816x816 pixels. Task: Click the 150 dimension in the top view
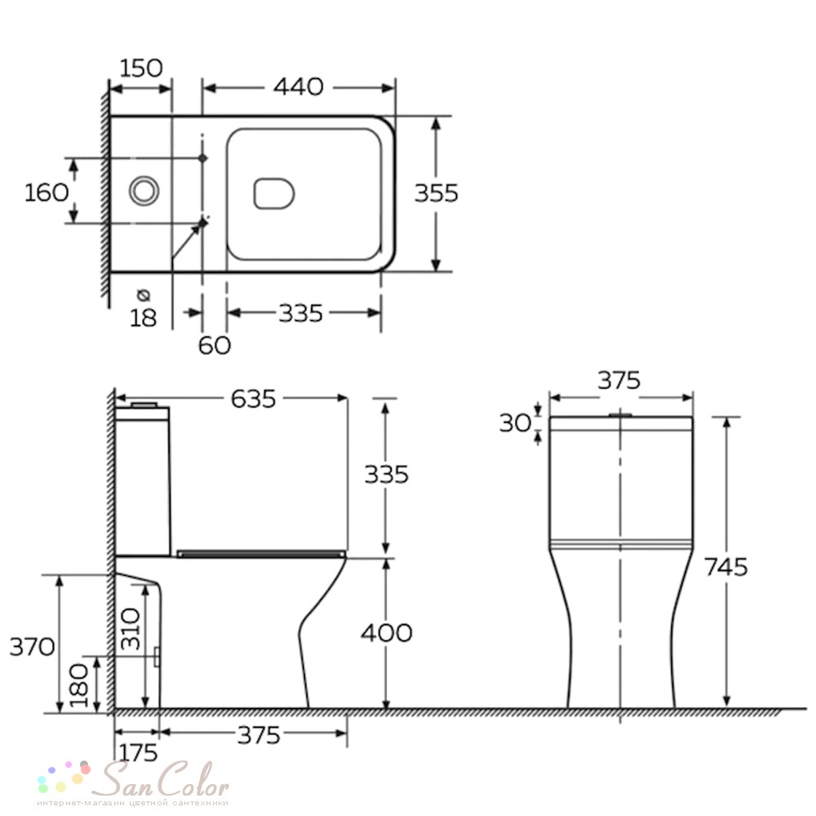pos(141,69)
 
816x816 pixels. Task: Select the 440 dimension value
pos(299,87)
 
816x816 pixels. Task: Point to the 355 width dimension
pos(436,193)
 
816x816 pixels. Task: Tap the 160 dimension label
pos(47,193)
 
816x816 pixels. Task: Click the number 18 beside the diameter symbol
pos(143,318)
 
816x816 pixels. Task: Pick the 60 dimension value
pos(215,345)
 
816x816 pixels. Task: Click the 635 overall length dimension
pos(253,400)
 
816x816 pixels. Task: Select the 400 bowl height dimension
pos(387,633)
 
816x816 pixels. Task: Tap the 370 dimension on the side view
pos(33,647)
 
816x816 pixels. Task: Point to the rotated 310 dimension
pos(130,628)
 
